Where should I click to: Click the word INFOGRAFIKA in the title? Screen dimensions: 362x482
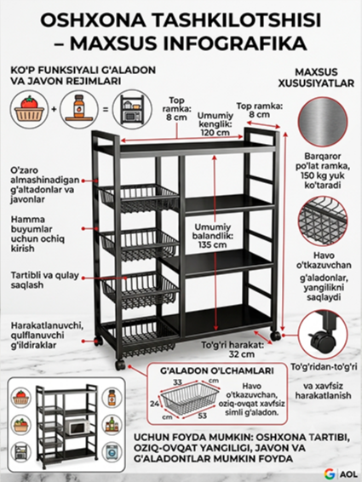(235, 43)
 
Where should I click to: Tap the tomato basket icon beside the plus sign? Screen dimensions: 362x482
(29, 109)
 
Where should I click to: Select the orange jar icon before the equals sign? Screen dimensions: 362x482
(79, 109)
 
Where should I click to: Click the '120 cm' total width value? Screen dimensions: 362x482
(215, 133)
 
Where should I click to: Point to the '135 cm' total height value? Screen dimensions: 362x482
(212, 245)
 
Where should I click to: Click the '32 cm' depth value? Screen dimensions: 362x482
(242, 354)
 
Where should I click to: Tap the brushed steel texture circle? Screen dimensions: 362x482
(323, 121)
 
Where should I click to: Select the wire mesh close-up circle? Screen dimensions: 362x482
(323, 221)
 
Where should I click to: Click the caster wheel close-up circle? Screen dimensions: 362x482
(324, 335)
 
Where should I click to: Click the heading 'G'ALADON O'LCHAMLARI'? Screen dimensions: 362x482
(217, 370)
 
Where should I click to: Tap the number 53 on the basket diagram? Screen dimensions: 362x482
(203, 416)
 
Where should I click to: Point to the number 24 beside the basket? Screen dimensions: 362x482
(154, 404)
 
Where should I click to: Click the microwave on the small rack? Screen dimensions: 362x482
(77, 427)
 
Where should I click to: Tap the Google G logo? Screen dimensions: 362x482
(330, 473)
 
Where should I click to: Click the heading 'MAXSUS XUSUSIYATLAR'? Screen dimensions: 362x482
(316, 77)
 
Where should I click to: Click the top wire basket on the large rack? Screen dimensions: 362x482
(139, 198)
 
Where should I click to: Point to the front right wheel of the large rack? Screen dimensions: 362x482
(276, 336)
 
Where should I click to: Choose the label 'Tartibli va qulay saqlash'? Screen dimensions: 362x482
(45, 280)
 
